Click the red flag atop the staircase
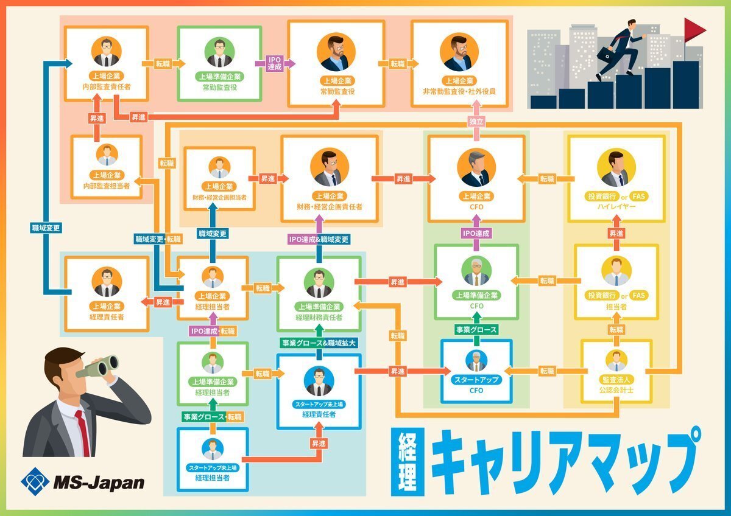tap(694, 29)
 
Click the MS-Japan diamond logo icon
tap(35, 482)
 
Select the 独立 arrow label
tap(477, 121)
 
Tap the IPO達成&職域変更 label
tap(319, 239)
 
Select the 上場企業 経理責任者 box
tap(107, 293)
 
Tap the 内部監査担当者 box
tap(107, 167)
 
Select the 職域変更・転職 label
tap(158, 239)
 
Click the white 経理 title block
tap(406, 462)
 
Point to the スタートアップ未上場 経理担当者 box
tap(213, 459)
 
